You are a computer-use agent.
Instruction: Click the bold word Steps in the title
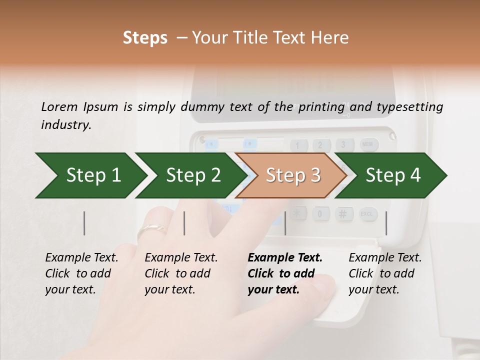click(145, 38)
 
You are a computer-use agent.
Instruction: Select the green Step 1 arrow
click(90, 175)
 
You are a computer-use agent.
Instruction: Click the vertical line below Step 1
click(84, 223)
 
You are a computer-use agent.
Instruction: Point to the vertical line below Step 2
click(184, 223)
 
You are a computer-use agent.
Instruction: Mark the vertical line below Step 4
click(386, 223)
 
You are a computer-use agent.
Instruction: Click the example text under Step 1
click(81, 273)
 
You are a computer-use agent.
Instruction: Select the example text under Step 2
click(181, 273)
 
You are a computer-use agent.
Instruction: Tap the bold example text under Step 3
click(285, 273)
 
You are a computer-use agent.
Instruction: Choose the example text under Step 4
click(385, 273)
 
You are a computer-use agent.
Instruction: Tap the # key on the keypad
click(343, 214)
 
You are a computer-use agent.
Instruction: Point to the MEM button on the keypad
click(367, 145)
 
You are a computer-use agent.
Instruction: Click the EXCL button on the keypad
click(367, 214)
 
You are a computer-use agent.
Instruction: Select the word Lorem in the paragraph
click(59, 107)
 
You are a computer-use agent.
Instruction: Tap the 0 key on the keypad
click(320, 214)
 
